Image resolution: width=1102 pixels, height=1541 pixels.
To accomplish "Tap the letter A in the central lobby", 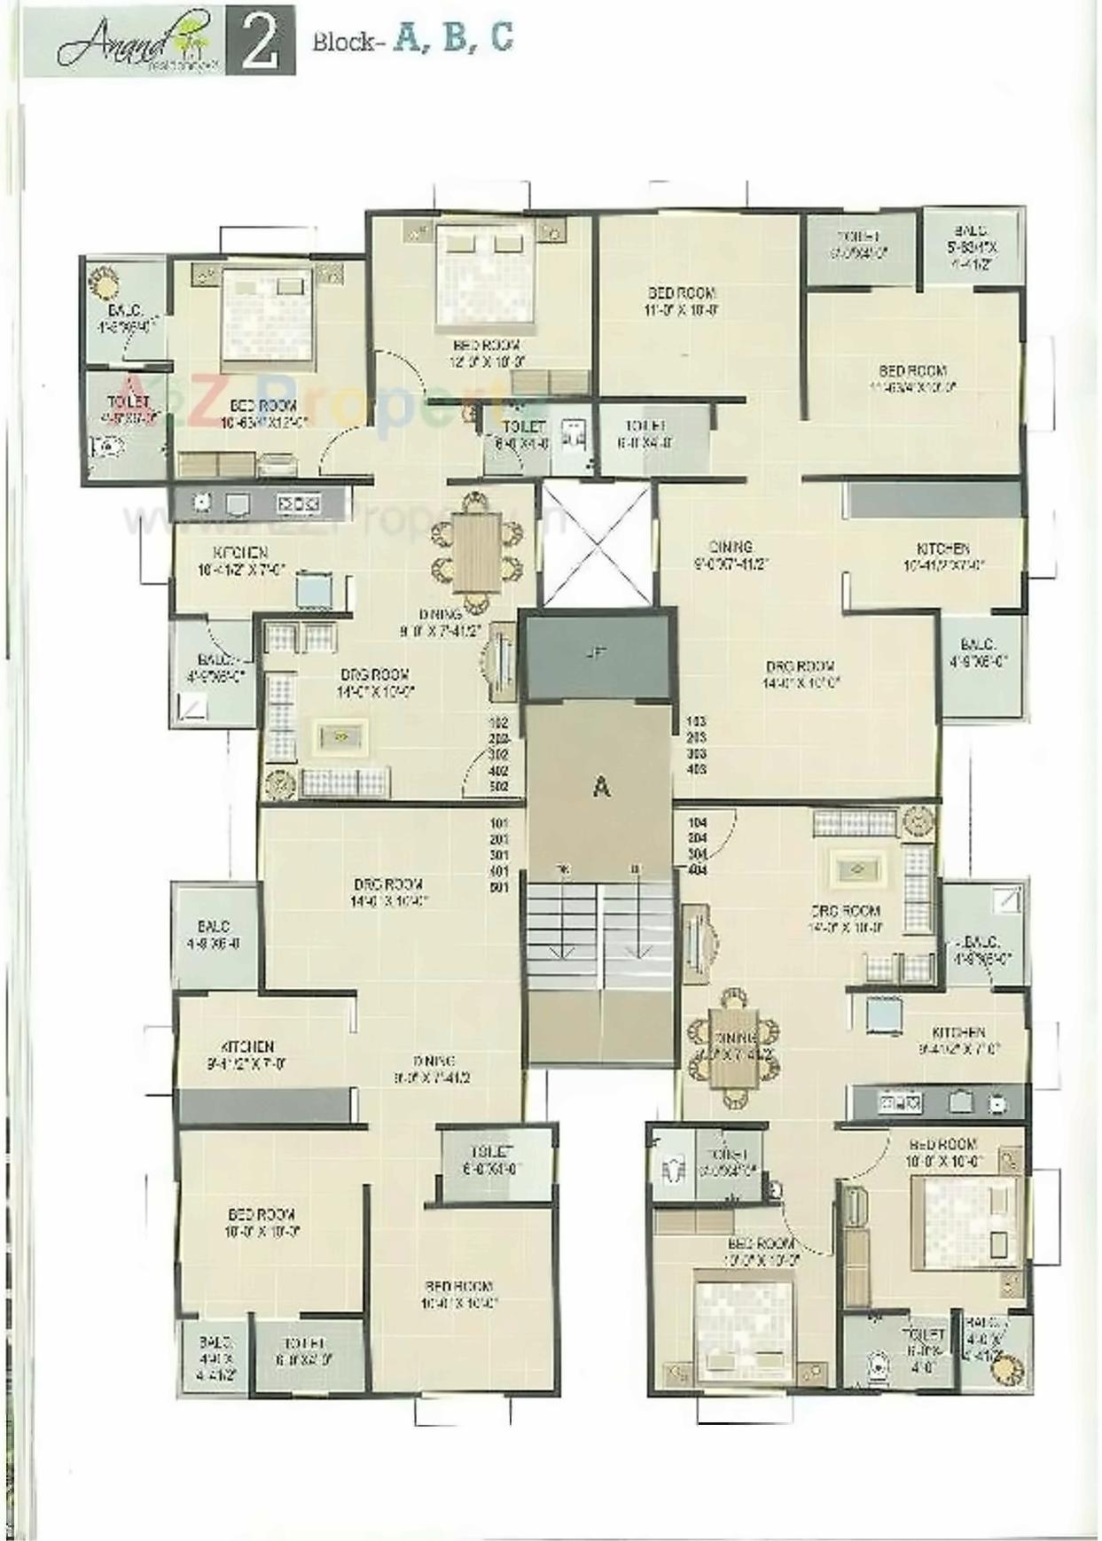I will point(601,786).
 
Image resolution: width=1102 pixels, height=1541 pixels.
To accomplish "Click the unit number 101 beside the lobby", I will point(499,822).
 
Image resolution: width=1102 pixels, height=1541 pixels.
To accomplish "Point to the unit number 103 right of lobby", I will point(696,721).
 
